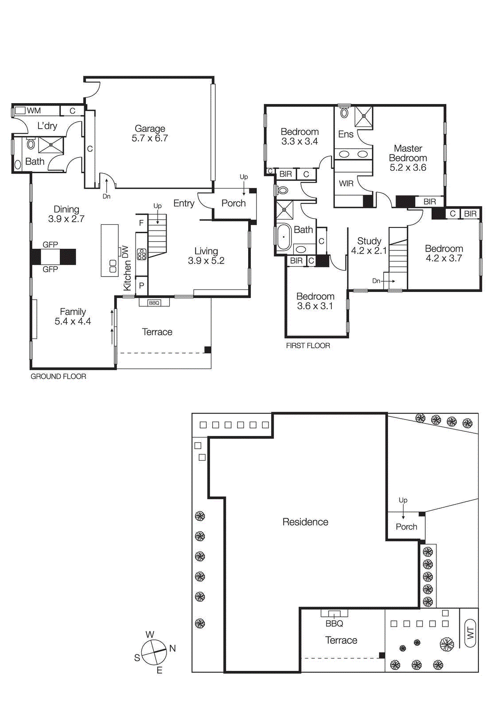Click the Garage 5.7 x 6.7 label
pyautogui.click(x=150, y=133)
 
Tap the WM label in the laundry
pyautogui.click(x=34, y=111)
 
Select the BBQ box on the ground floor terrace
pyautogui.click(x=154, y=303)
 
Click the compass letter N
pyautogui.click(x=172, y=648)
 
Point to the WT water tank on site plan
pyautogui.click(x=470, y=633)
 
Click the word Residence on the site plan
pyautogui.click(x=305, y=522)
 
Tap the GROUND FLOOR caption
pyautogui.click(x=58, y=377)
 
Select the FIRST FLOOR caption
pyautogui.click(x=308, y=346)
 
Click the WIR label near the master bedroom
pyautogui.click(x=346, y=183)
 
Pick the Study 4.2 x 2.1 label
pyautogui.click(x=369, y=246)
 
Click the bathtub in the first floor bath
pyautogui.click(x=284, y=237)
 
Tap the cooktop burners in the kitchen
pyautogui.click(x=141, y=254)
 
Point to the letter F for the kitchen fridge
pyautogui.click(x=141, y=223)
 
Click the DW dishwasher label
pyautogui.click(x=125, y=252)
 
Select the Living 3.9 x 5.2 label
pyautogui.click(x=206, y=256)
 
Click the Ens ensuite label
pyautogui.click(x=346, y=134)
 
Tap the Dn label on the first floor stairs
pyautogui.click(x=376, y=281)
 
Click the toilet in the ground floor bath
pyautogui.click(x=31, y=144)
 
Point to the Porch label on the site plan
pyautogui.click(x=406, y=527)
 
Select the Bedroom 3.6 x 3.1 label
pyautogui.click(x=315, y=301)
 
